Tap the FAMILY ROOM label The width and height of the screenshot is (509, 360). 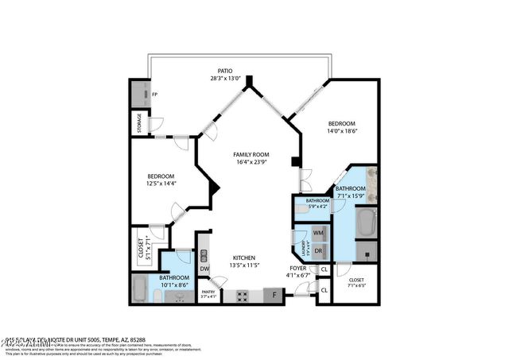click(251, 154)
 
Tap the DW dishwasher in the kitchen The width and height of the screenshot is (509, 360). click(204, 269)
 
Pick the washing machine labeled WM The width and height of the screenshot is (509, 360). click(318, 233)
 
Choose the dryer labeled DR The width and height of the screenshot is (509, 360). click(318, 250)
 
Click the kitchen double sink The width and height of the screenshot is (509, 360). click(204, 255)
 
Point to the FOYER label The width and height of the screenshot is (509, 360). click(297, 269)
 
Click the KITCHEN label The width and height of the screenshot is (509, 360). click(243, 258)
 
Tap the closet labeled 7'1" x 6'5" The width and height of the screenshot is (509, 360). click(356, 284)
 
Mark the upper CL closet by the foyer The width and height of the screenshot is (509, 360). click(324, 270)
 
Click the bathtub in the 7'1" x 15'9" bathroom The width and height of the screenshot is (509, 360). click(367, 223)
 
